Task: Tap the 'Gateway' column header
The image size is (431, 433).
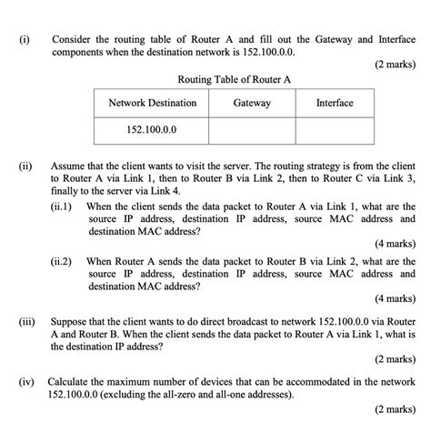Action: click(252, 104)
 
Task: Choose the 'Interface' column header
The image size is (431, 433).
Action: click(334, 104)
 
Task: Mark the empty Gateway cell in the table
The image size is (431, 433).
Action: click(252, 129)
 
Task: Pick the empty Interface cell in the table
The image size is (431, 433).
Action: click(334, 129)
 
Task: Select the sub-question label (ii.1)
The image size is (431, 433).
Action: click(65, 206)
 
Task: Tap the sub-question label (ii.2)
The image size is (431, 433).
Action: click(65, 261)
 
